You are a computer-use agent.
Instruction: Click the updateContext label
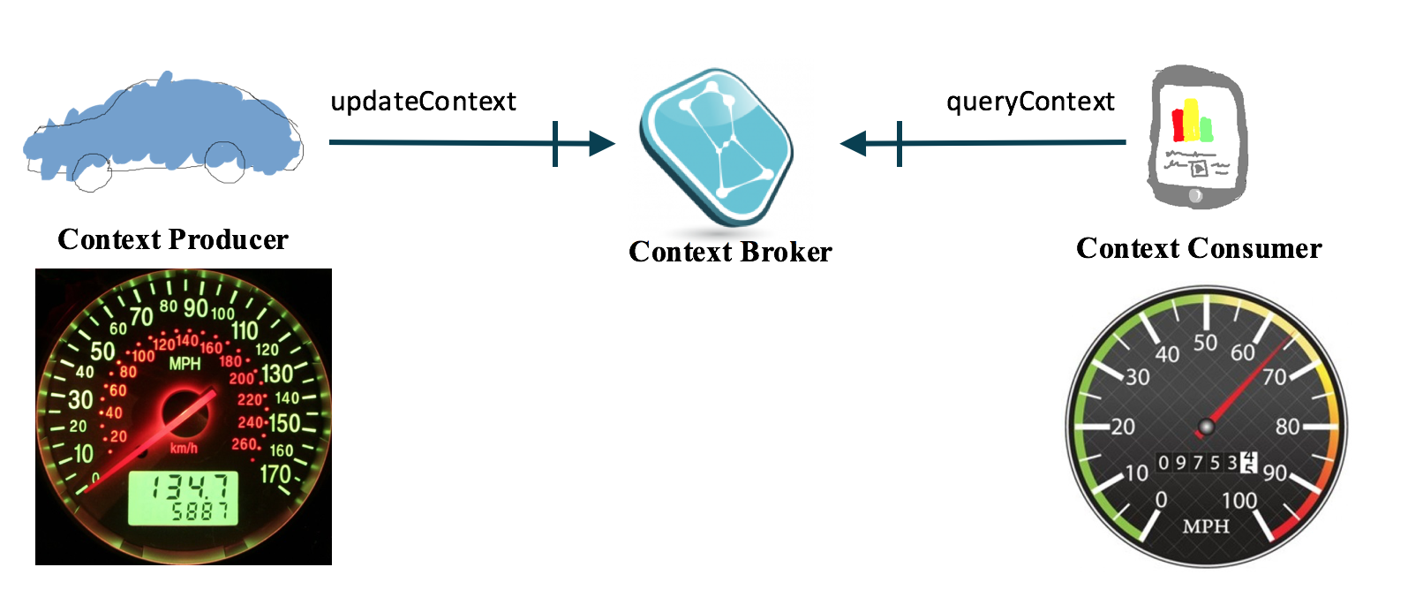(x=423, y=102)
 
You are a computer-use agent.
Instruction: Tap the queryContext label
(x=1030, y=102)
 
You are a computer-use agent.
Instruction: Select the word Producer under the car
(x=228, y=239)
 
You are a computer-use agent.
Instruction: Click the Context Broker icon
(x=716, y=147)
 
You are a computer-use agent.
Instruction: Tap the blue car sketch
(x=163, y=128)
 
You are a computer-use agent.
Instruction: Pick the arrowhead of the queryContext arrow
(x=854, y=143)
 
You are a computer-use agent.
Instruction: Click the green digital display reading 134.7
(x=184, y=497)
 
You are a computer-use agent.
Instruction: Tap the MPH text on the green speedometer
(x=184, y=364)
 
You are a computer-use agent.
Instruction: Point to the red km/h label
(x=184, y=449)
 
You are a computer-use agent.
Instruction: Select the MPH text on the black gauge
(x=1206, y=526)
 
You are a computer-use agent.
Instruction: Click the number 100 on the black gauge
(x=1239, y=501)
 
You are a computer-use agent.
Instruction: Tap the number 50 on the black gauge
(x=1205, y=343)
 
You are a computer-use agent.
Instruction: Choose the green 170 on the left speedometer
(x=275, y=474)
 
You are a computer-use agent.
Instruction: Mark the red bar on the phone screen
(x=1178, y=125)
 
